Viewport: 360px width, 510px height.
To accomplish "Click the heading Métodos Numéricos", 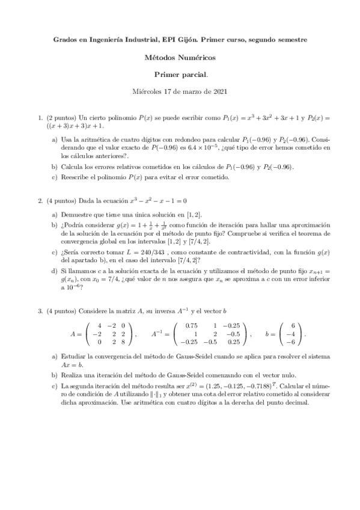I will pyautogui.click(x=180, y=58).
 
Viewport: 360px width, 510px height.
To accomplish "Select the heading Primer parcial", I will pyautogui.click(x=180, y=75).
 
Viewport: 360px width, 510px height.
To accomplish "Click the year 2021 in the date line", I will pyautogui.click(x=219, y=92).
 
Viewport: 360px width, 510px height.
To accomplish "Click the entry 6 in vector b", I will pyautogui.click(x=292, y=325).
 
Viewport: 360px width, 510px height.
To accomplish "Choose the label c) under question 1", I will pyautogui.click(x=55, y=177).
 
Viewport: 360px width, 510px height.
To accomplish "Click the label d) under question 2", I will pyautogui.click(x=55, y=272).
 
